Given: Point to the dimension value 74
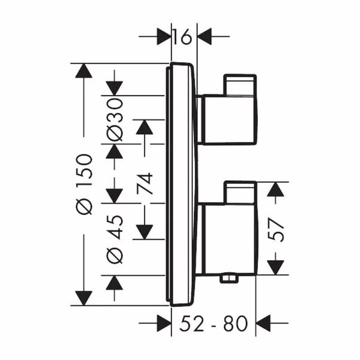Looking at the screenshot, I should pyautogui.click(x=144, y=186).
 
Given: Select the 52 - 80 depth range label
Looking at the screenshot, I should pyautogui.click(x=213, y=324).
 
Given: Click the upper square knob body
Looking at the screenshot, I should pyautogui.click(x=228, y=119).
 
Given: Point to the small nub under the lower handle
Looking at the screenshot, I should pyautogui.click(x=228, y=278).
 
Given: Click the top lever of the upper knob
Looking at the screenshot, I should pyautogui.click(x=240, y=84).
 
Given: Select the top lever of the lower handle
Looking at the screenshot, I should pyautogui.click(x=239, y=192).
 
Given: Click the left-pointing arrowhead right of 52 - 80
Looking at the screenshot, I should pyautogui.click(x=263, y=324).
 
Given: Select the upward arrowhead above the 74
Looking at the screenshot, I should pyautogui.click(x=144, y=127).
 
